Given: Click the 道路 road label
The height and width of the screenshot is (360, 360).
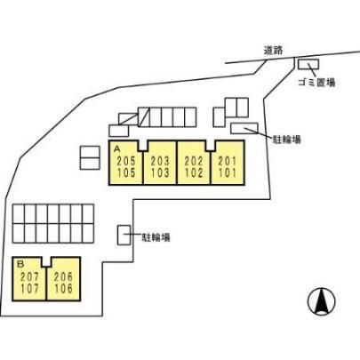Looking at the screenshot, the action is tap(273, 50).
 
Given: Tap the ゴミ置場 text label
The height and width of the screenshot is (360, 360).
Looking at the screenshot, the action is tap(316, 83).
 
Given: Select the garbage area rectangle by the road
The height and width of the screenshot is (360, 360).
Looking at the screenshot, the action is tap(308, 64).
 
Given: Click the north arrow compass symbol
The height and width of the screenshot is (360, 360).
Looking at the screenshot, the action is tap(322, 301).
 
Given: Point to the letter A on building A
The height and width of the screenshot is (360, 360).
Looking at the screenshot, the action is tap(116, 148).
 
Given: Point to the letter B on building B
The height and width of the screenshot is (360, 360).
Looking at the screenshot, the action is tap(20, 264).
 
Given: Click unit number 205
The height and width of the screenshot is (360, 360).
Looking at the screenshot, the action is tap(126, 161).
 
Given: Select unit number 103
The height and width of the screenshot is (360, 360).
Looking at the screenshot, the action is tap(160, 172).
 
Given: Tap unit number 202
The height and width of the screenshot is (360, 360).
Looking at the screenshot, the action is tap(194, 161).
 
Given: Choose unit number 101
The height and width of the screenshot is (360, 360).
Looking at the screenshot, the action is tap(228, 172).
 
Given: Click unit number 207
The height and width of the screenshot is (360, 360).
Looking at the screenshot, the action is tap(29, 277).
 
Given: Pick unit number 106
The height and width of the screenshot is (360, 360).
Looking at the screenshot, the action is tap(63, 289).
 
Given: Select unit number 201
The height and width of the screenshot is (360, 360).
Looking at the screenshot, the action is tap(228, 161).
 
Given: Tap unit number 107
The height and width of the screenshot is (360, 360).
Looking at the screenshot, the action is tap(29, 289).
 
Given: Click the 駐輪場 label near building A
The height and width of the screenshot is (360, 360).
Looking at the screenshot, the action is tap(286, 140).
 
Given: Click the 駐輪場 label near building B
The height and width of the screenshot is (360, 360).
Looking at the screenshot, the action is tap(156, 237).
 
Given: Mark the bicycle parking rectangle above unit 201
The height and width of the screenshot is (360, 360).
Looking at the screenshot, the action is tap(244, 128).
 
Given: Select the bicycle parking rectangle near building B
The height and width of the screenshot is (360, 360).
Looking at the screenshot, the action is tap(124, 236).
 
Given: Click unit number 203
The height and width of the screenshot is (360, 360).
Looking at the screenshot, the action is tap(160, 161).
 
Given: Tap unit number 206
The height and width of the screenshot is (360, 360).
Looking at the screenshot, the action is tap(63, 277).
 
